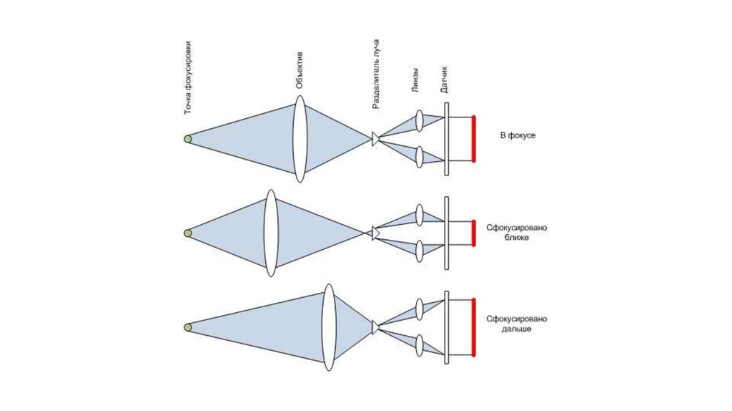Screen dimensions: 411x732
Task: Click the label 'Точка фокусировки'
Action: tap(188, 79)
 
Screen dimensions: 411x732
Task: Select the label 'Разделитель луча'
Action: tap(376, 74)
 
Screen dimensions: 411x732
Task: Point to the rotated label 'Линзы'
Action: tap(415, 79)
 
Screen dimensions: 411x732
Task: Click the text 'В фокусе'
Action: tap(518, 135)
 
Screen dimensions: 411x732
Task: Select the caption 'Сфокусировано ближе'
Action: tap(517, 232)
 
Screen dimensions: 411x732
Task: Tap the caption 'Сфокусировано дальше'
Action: tap(517, 324)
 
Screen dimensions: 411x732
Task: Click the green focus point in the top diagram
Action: tap(187, 139)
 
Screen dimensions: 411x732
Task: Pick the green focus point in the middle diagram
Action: tap(187, 233)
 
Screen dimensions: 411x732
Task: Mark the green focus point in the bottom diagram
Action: tap(187, 327)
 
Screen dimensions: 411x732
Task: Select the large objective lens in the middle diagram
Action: tap(270, 233)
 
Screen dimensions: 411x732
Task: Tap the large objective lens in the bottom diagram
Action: tap(328, 327)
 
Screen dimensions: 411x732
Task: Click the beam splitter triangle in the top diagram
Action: tap(375, 139)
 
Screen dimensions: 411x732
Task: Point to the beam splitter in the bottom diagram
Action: tap(375, 327)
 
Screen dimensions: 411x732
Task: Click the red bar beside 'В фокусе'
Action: tap(473, 139)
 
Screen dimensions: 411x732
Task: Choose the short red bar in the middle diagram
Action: tap(473, 233)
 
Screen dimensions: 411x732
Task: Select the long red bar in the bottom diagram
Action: tap(473, 327)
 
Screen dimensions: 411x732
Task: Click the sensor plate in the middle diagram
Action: tap(447, 233)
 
